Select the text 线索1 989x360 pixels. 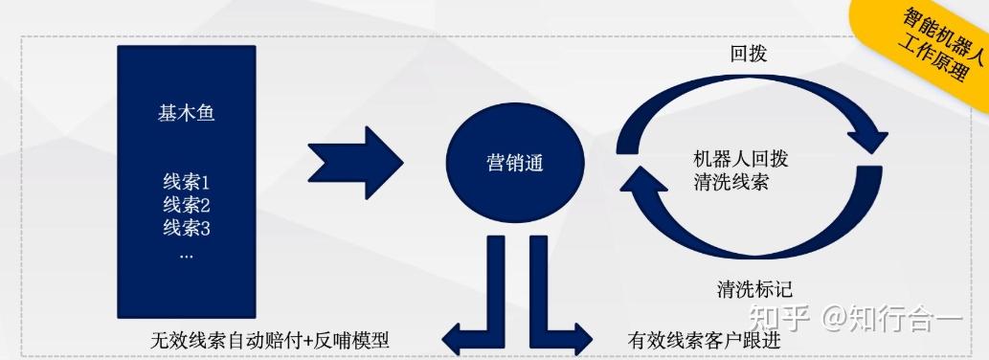tap(186, 181)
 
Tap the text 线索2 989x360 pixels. tap(186, 205)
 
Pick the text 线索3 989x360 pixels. tap(186, 229)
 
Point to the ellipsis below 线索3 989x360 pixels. tap(186, 255)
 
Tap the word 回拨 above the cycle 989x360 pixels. tap(749, 55)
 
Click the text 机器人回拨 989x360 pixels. tap(741, 158)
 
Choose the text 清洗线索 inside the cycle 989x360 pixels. tap(731, 182)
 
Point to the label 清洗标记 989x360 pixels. tap(754, 288)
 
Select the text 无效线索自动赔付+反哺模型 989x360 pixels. tap(270, 340)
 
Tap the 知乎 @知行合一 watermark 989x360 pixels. tap(855, 317)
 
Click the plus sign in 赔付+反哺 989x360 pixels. tap(306, 340)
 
